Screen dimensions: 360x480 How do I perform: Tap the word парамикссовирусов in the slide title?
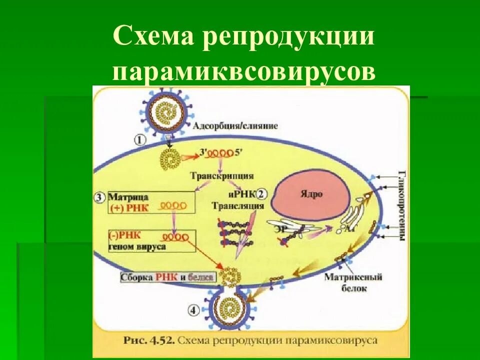pyautogui.click(x=243, y=71)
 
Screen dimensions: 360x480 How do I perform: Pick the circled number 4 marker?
pyautogui.click(x=194, y=311)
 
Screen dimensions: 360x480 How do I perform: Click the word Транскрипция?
pyautogui.click(x=222, y=176)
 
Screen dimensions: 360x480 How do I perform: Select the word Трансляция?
pyautogui.click(x=231, y=205)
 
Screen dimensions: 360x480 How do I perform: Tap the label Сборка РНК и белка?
pyautogui.click(x=167, y=277)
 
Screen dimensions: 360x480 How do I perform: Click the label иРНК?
pyautogui.click(x=247, y=194)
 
